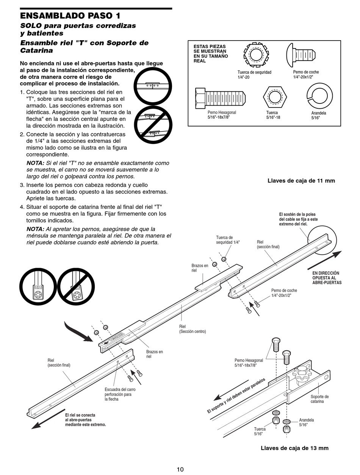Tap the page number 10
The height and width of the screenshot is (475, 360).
click(180, 469)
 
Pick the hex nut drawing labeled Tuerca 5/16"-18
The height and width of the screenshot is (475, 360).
click(272, 97)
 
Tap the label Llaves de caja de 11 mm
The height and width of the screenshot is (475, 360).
click(301, 181)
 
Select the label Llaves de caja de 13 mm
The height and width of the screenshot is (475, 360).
click(294, 448)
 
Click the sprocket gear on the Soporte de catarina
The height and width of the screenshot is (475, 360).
click(302, 375)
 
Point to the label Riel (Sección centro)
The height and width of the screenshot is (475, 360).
click(193, 329)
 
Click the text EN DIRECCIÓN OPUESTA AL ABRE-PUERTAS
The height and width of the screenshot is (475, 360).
click(327, 278)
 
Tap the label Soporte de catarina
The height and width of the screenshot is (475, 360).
click(319, 399)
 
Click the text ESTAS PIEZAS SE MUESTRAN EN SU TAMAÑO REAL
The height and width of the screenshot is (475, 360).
click(211, 53)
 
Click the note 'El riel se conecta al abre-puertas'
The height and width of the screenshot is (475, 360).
click(85, 420)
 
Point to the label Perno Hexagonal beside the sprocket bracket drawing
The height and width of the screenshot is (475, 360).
click(249, 363)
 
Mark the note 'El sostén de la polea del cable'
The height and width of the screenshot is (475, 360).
click(298, 219)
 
